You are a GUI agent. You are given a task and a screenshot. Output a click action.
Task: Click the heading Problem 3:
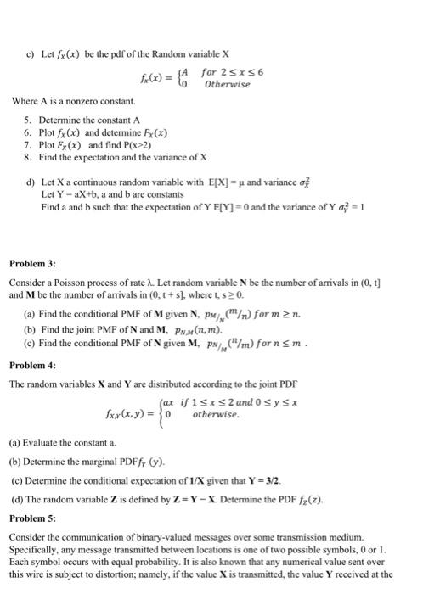coord(32,263)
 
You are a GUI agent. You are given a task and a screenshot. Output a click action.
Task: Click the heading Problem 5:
coord(32,515)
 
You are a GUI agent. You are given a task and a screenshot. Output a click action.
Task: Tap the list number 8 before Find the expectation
coord(28,157)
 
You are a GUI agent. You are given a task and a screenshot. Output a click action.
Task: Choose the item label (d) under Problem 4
coord(16,499)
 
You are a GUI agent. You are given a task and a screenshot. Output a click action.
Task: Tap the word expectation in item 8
coord(101,157)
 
